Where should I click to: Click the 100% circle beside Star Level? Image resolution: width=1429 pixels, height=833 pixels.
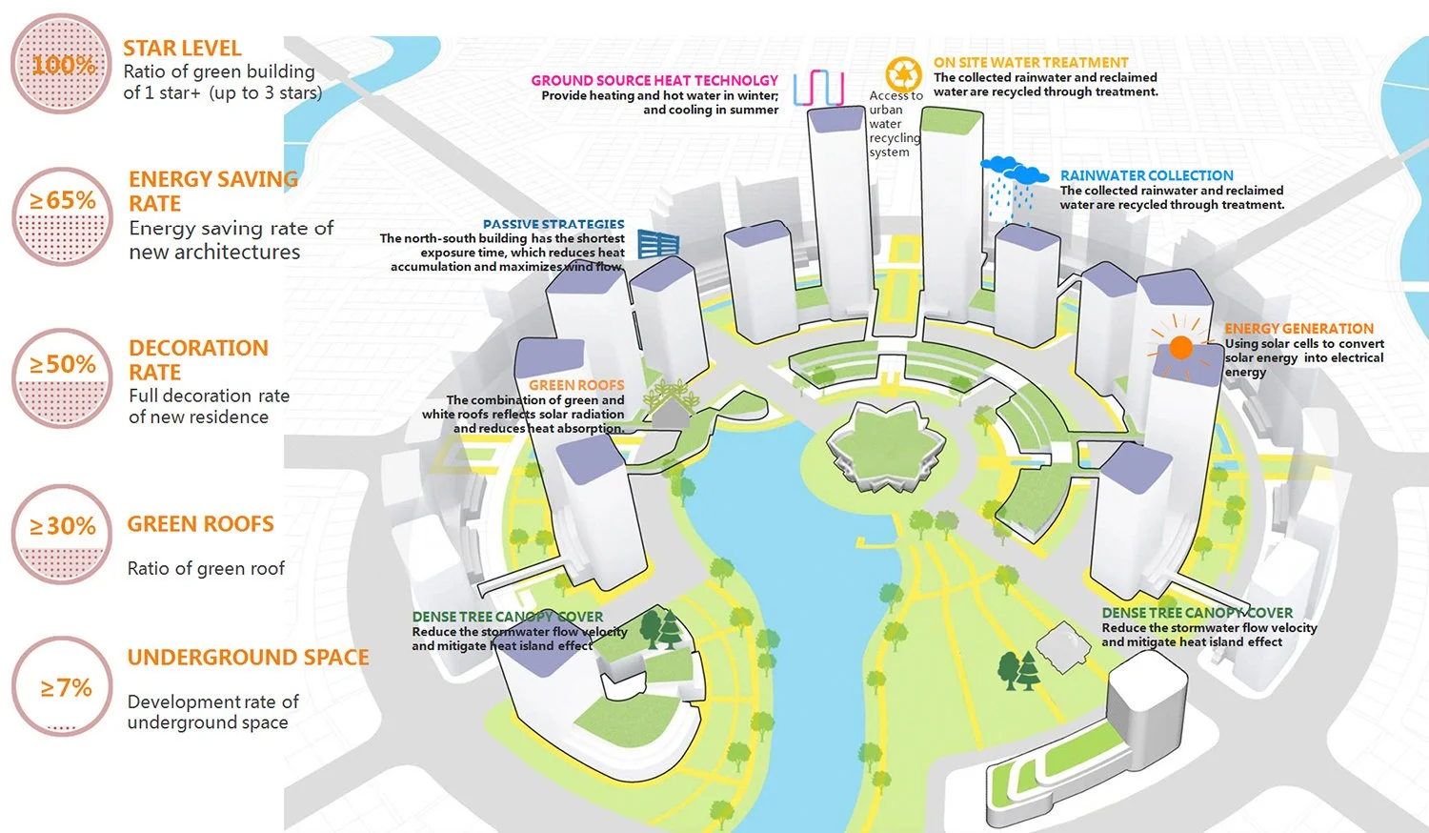[62, 65]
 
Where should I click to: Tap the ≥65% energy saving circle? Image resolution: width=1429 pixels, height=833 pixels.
[63, 217]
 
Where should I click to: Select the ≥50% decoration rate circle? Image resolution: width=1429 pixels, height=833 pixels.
[63, 378]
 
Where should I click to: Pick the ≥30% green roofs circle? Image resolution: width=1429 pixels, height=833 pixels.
[63, 535]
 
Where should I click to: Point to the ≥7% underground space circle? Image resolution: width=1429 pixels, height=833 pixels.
[63, 686]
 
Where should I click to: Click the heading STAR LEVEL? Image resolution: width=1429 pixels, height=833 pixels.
[182, 49]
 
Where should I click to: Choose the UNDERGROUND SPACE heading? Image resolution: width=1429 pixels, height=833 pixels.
[248, 658]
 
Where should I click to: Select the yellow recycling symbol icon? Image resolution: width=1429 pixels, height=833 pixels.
[903, 74]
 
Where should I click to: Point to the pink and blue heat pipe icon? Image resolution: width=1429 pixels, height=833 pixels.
[818, 88]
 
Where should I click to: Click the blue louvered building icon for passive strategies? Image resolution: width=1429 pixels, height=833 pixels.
[657, 245]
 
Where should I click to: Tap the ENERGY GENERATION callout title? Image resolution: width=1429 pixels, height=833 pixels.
[1298, 329]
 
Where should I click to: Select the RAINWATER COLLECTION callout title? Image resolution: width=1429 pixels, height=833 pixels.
[1146, 176]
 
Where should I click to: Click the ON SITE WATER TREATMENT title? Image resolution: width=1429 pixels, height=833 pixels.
[1030, 63]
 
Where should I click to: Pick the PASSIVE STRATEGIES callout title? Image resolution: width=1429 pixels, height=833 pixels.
[553, 225]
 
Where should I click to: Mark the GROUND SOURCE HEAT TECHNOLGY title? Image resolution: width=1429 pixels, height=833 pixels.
[654, 81]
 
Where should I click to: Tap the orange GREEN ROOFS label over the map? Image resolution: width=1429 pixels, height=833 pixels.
[576, 385]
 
